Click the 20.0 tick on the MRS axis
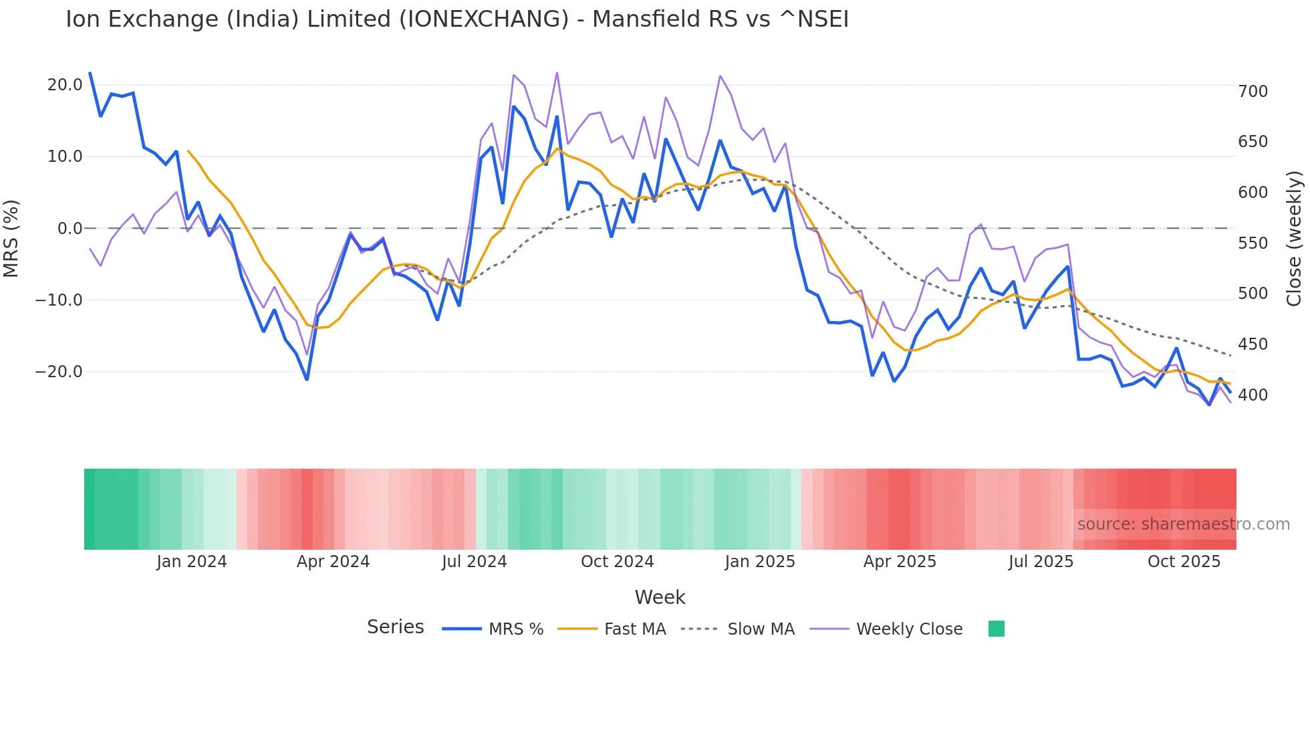point(65,85)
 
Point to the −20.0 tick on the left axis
point(59,372)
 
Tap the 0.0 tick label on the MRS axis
point(70,229)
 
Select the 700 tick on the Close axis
point(1253,92)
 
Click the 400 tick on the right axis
point(1253,395)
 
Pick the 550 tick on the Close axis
point(1253,243)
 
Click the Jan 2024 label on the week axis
point(192,562)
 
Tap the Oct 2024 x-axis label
point(617,562)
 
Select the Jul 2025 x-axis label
point(1041,562)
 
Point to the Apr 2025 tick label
point(900,562)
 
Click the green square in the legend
point(996,629)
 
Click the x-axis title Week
point(660,597)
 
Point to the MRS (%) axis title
point(11,238)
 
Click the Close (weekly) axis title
point(1295,239)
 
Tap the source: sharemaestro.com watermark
point(1183,524)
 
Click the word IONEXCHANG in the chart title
point(487,19)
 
